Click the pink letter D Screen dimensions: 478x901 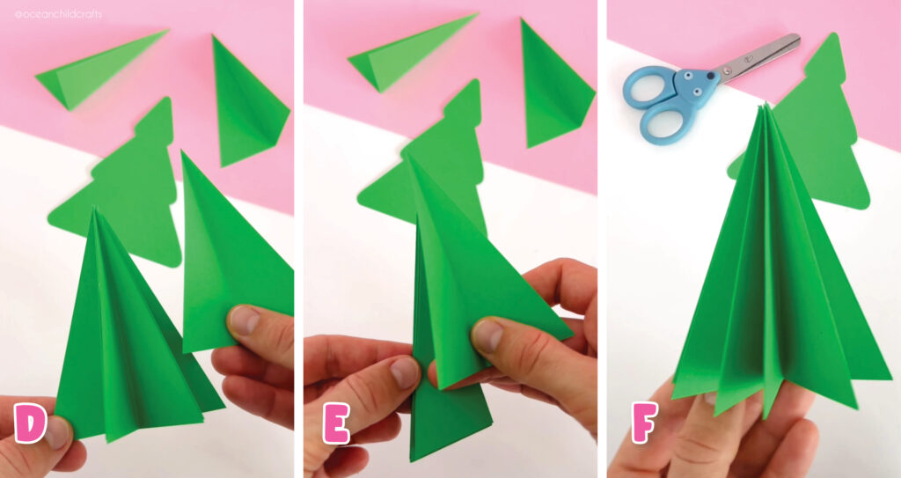(x=30, y=425)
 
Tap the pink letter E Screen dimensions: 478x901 (x=336, y=424)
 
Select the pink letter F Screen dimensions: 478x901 (x=643, y=424)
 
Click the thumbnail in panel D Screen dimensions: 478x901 (x=244, y=320)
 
